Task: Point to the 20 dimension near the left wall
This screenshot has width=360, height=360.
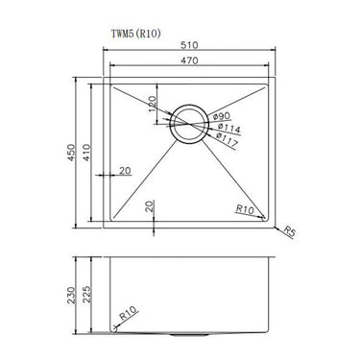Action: tap(125, 171)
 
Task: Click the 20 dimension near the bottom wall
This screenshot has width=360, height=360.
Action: tap(150, 204)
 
